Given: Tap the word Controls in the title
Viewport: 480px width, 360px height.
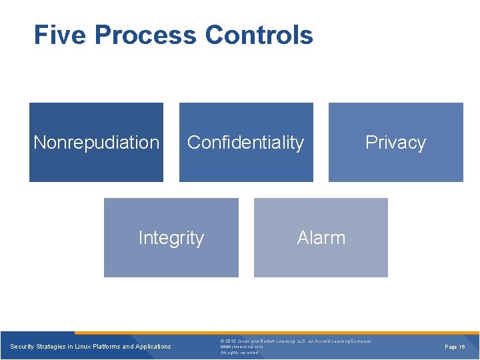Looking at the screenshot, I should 259,35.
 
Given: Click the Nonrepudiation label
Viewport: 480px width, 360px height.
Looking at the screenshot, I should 97,142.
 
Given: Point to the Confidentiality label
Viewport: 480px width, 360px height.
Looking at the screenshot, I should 245,142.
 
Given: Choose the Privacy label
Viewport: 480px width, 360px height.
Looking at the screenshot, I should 395,142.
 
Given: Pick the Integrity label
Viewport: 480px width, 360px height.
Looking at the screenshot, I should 171,238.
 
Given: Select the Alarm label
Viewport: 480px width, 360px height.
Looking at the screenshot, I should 321,238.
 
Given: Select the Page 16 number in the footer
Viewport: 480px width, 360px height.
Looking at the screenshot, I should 455,347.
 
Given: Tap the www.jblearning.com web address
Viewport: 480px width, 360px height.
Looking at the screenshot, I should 241,347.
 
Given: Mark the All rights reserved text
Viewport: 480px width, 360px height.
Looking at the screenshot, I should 239,353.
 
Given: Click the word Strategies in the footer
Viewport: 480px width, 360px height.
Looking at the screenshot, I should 53,346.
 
